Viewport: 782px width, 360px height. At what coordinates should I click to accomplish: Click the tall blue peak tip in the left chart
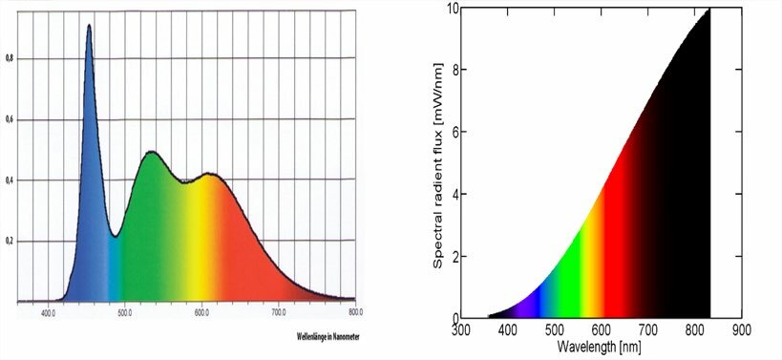tap(89, 26)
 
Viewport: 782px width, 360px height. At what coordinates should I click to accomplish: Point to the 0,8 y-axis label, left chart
tap(9, 58)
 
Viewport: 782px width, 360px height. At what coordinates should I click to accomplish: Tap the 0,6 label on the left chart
tap(9, 119)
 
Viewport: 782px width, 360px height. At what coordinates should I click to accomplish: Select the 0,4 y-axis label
tap(9, 180)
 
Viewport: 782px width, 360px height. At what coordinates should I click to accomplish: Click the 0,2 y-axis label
tap(9, 241)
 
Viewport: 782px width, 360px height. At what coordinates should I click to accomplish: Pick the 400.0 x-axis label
tap(48, 312)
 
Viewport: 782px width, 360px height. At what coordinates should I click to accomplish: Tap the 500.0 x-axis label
tap(124, 312)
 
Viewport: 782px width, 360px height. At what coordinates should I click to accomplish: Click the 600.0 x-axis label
tap(201, 312)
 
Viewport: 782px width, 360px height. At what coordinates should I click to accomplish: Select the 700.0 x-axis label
tap(279, 312)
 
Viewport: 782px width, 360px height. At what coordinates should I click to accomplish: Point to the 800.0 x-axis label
tap(355, 312)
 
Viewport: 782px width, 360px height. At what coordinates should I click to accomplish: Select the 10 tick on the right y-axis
tap(452, 9)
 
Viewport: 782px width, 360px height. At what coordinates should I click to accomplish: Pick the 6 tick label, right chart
tap(454, 132)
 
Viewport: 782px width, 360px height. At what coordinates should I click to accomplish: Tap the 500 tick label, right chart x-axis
tap(554, 330)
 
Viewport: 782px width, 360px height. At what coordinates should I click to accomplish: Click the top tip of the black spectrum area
tap(708, 10)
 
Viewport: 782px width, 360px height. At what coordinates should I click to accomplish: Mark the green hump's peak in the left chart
tap(150, 151)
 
